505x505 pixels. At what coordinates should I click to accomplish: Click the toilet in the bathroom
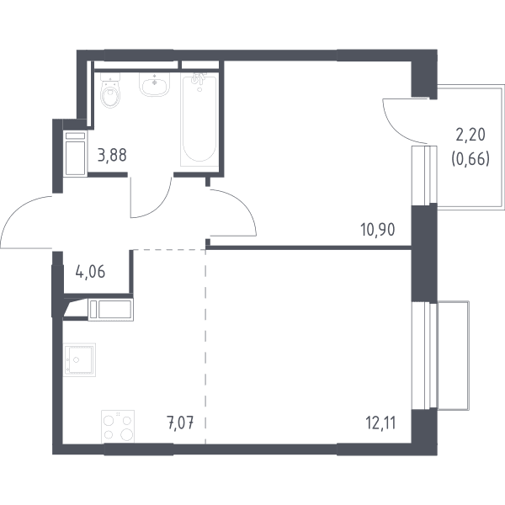click(110, 90)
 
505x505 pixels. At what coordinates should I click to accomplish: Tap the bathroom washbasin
click(154, 83)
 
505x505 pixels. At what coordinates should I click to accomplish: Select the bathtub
click(199, 120)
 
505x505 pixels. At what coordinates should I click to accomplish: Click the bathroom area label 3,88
click(112, 155)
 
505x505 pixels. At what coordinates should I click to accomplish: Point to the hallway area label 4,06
click(90, 272)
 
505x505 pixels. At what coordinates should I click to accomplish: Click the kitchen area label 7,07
click(180, 423)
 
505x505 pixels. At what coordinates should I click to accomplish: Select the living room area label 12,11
click(380, 423)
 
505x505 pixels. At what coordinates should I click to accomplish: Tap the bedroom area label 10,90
click(377, 230)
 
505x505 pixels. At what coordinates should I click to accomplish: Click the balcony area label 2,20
click(470, 135)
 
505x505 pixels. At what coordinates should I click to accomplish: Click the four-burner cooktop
click(118, 427)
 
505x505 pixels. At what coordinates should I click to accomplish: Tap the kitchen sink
click(80, 359)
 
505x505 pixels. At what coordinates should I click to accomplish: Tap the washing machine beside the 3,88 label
click(76, 153)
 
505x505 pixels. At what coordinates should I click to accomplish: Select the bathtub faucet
click(199, 79)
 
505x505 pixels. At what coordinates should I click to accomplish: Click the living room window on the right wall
click(424, 355)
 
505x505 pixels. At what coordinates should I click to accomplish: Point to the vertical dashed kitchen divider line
click(205, 347)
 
